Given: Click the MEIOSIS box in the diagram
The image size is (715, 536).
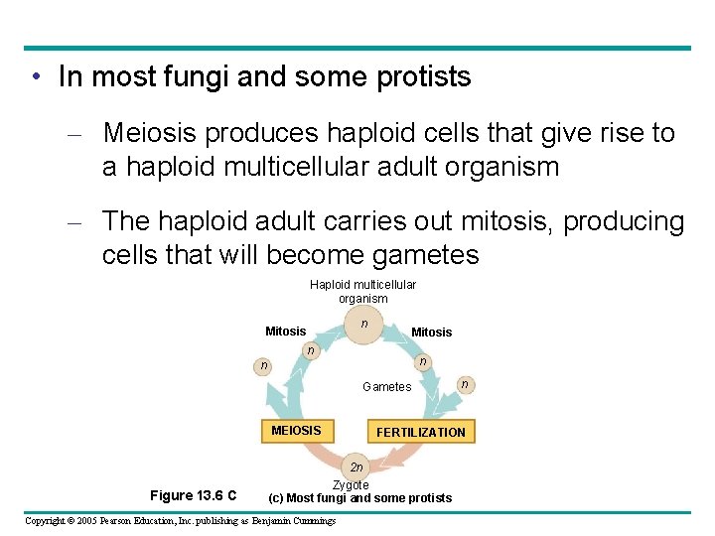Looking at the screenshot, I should pos(296,431).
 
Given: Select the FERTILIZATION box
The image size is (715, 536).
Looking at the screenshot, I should pos(420,432).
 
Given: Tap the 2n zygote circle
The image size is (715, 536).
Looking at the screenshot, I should pos(357,467).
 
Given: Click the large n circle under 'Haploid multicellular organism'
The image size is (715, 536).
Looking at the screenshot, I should pos(364,325).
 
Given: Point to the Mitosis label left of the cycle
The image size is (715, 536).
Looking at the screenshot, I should pos(285,331).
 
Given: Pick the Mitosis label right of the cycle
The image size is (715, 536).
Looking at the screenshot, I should pos(431,332).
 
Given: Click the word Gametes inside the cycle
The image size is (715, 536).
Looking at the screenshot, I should pos(386,387).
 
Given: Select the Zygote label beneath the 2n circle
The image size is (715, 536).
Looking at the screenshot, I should pos(351,484).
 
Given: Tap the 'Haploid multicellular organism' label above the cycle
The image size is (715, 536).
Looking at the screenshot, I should pos(362,291).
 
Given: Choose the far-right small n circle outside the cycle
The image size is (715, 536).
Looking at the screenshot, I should pos(462,383).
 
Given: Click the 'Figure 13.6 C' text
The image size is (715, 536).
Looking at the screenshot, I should pos(193,495).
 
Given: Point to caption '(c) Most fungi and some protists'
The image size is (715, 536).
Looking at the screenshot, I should pos(360,497).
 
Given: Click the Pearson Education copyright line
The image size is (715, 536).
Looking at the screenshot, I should pos(180,521).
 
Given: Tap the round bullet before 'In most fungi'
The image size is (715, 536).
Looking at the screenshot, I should pos(35,77).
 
